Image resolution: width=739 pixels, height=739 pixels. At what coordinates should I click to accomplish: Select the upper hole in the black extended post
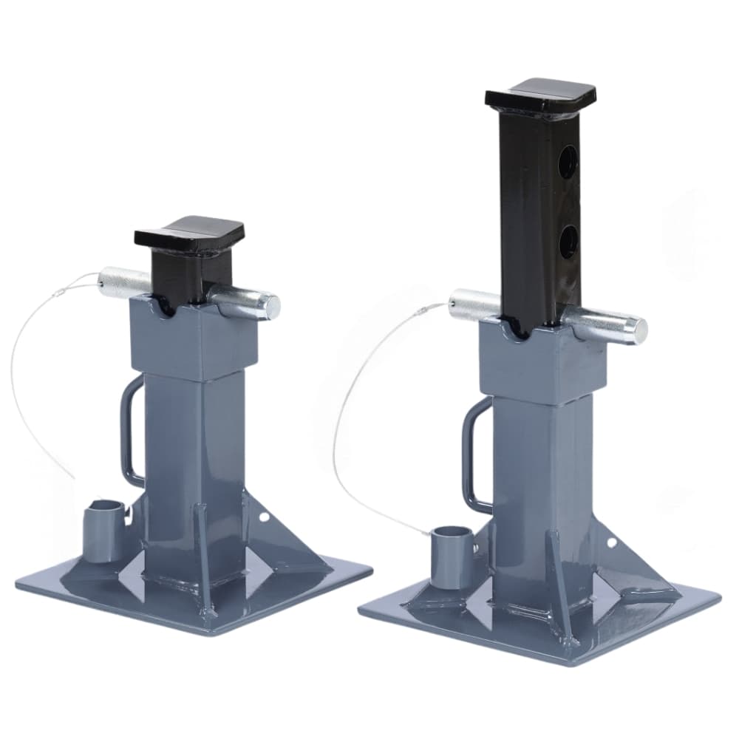click(568, 162)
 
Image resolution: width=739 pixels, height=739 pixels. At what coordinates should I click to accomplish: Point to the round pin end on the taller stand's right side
click(638, 330)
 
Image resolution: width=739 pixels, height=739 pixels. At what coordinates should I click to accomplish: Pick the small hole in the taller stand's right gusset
click(610, 543)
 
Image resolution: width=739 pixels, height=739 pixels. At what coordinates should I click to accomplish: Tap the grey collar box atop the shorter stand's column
click(194, 342)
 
